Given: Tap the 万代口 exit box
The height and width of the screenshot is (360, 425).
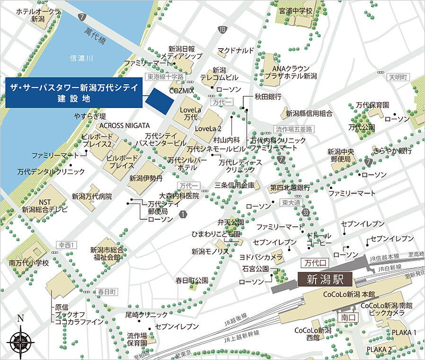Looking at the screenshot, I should coord(313,262).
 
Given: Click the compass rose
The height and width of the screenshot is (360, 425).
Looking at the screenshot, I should coord(20,340).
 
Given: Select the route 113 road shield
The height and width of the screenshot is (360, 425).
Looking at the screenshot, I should coord(222,30).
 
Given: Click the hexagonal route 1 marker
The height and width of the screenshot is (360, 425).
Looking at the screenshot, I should coord(183,214).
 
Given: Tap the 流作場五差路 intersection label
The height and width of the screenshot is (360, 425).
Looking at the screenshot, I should coord(293,129).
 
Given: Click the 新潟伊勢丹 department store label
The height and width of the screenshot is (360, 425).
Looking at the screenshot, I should coord(146,179).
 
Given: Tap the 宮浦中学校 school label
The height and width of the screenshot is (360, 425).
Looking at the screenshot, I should coord(296,10).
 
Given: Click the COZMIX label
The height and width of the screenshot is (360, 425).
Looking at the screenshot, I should coord(180,90).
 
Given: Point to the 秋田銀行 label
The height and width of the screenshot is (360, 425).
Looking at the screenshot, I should coord(268,96).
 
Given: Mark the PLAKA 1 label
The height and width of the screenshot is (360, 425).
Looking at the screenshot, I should coord(404,333).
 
